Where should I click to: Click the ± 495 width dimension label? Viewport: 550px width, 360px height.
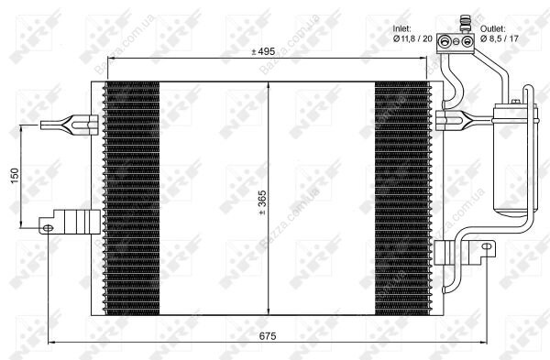pos(263,52)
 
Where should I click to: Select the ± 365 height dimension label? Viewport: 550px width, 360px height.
pos(262,202)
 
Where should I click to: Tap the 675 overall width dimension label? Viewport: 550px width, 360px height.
pos(268,336)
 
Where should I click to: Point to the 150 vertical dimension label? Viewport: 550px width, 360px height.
pos(15,176)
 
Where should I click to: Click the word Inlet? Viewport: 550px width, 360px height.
pos(401,28)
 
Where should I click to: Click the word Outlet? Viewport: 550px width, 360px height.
pos(493,28)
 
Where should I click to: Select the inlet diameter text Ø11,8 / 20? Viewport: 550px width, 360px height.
pos(412,38)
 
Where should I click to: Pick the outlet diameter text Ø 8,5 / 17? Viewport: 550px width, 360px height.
pos(500,38)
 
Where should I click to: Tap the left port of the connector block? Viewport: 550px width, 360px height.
pos(444,42)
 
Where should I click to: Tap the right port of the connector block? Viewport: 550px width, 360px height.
pos(467,42)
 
